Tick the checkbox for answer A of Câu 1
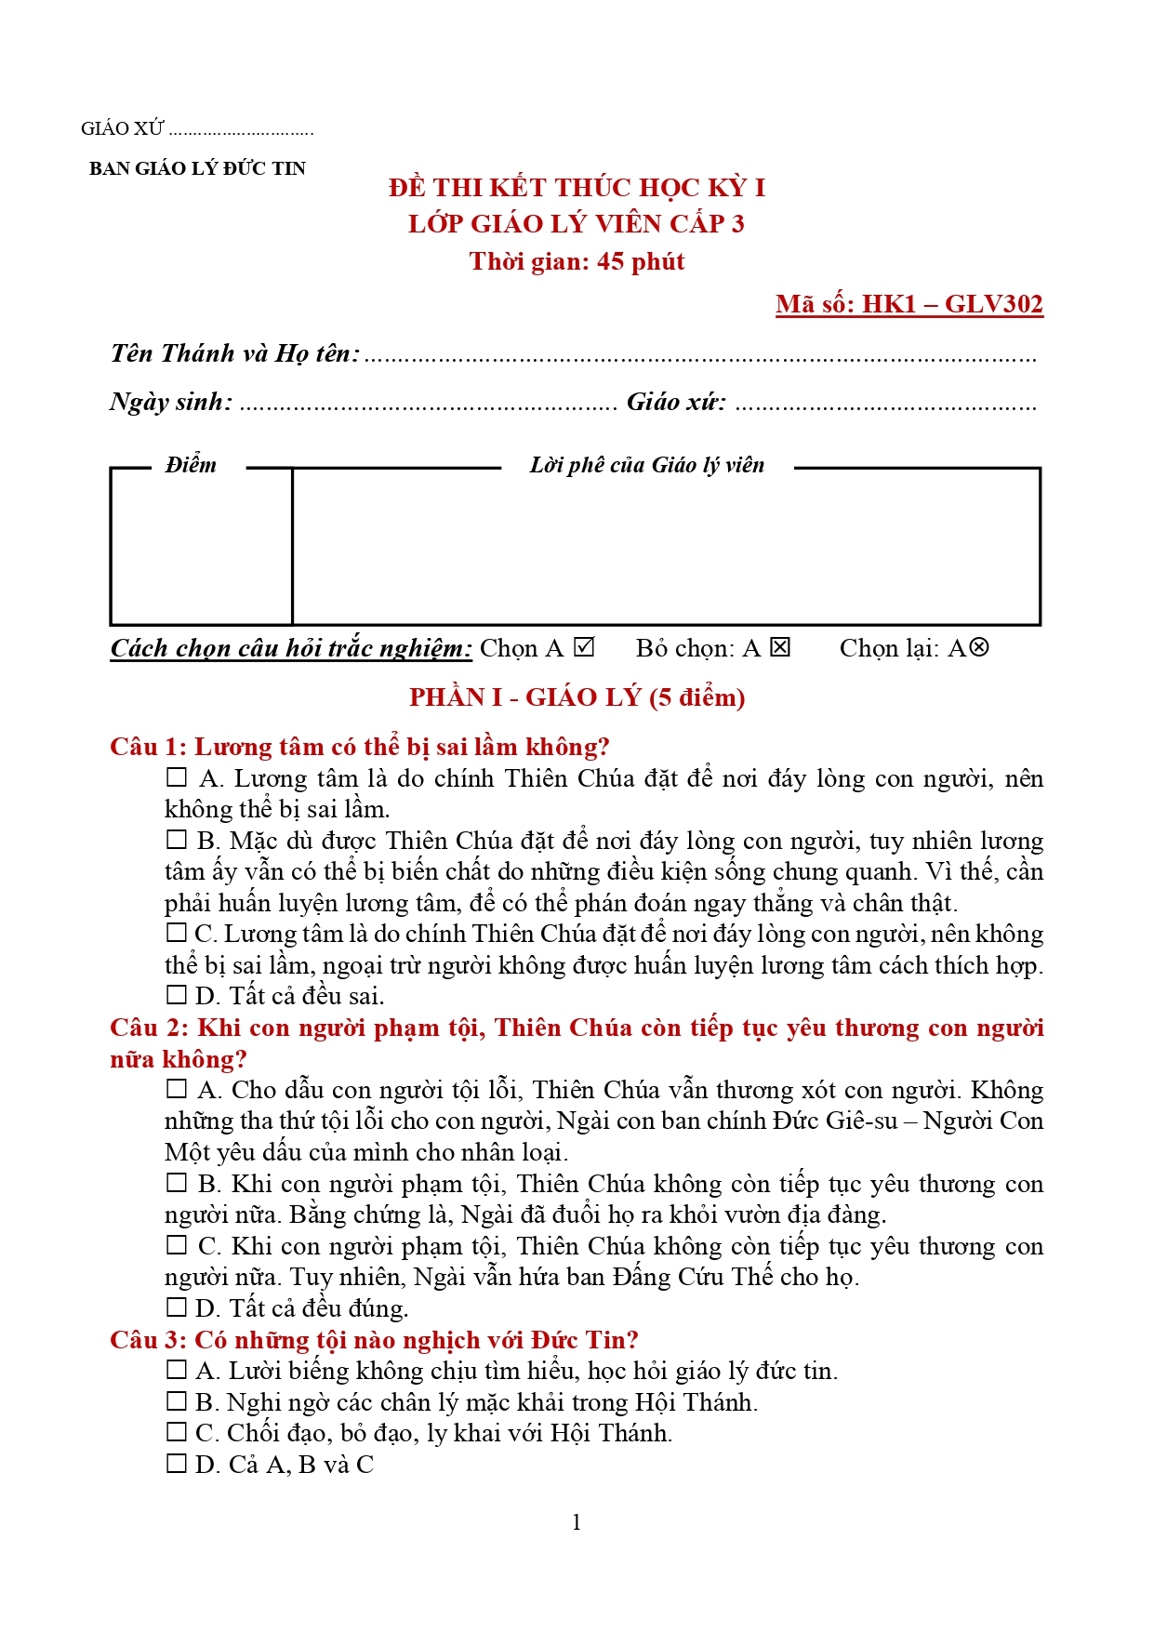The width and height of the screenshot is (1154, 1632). coord(177,777)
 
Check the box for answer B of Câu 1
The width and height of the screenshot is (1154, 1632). coord(177,840)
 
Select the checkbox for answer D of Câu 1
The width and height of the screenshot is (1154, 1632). coord(177,995)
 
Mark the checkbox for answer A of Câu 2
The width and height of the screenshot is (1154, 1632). coord(177,1089)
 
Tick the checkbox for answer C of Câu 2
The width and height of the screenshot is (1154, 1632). coord(177,1245)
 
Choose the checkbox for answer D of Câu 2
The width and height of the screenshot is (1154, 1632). coord(177,1307)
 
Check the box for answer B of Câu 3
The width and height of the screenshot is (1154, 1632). coord(177,1401)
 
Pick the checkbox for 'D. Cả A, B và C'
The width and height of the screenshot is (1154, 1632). coord(177,1464)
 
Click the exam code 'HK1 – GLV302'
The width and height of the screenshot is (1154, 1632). coord(952,304)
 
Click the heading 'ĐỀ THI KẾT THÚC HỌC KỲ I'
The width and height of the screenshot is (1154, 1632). coord(577,188)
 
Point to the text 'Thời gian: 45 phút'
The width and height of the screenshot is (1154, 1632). coord(577,261)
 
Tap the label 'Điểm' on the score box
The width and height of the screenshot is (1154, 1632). coord(191,465)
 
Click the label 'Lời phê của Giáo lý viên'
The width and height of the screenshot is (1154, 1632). coord(647,465)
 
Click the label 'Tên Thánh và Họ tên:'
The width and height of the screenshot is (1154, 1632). coord(235,353)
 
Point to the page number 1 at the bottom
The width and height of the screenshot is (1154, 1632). coord(577,1522)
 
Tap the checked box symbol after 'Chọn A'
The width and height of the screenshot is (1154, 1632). coord(584,647)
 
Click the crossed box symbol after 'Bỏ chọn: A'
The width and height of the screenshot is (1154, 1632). coord(780,647)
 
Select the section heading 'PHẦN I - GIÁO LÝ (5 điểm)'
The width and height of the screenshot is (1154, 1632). coord(577,697)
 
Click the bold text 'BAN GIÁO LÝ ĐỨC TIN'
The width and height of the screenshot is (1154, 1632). coord(197,168)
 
